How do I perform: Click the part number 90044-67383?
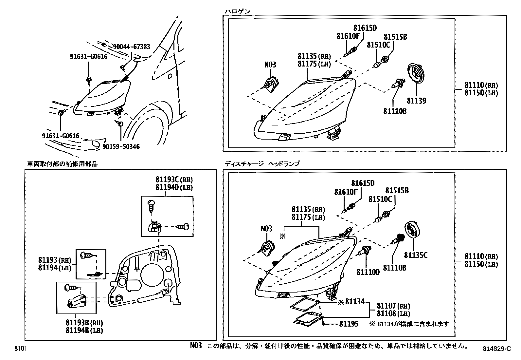131,47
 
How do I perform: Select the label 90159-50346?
121,147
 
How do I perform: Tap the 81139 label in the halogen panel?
416,101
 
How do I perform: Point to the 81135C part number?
416,255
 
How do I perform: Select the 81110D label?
368,272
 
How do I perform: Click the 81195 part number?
349,324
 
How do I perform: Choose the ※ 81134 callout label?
351,302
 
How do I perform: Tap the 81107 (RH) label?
393,306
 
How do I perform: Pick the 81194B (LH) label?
84,331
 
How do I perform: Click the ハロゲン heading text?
237,12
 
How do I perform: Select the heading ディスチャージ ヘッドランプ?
262,164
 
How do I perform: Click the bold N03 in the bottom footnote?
196,346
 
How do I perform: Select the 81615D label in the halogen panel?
365,28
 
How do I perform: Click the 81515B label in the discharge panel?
397,190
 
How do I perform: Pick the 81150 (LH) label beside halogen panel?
481,93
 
